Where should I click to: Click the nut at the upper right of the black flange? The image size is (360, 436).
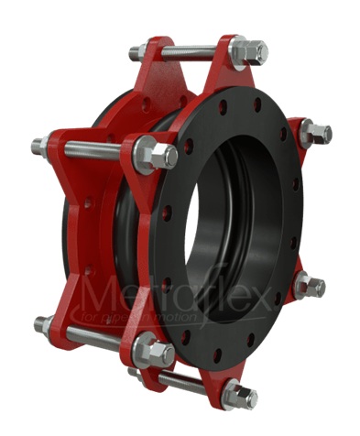coord(315,134)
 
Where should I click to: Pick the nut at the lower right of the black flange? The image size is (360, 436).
coord(310,287)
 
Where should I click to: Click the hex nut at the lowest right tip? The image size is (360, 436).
coord(240,395)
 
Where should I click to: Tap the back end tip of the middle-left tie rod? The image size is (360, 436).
coord(38,145)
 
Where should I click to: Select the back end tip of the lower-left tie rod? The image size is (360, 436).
coord(41,323)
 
